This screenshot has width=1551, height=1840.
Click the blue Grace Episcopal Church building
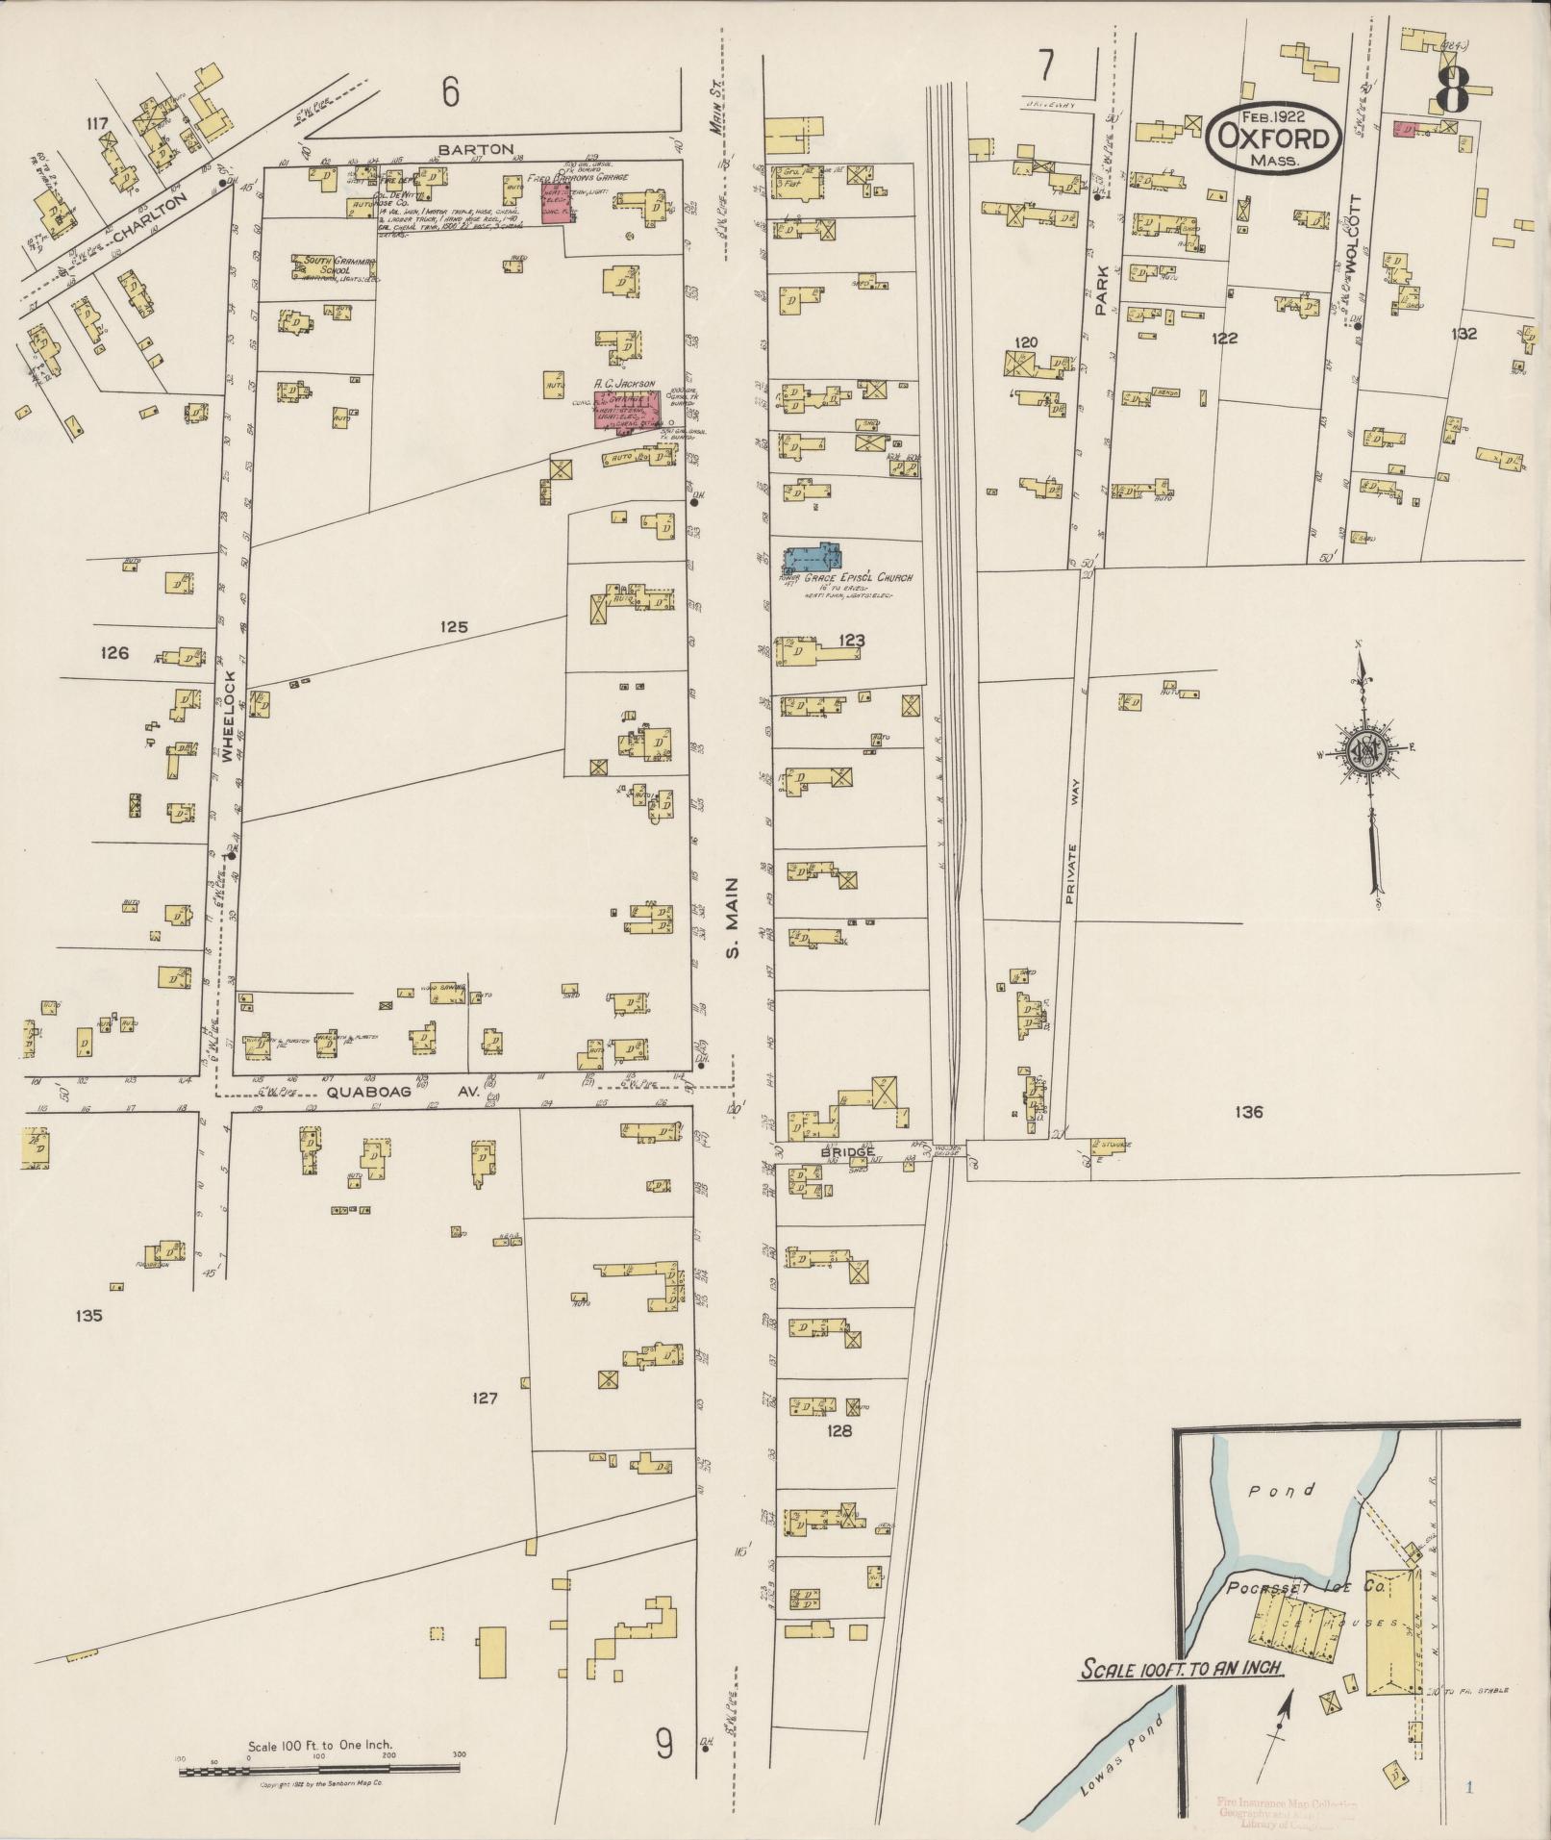coord(813,557)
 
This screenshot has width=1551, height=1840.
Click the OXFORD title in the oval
coord(1273,139)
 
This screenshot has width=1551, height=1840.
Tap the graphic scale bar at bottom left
coord(322,1769)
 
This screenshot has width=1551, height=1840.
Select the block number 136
coord(1249,1112)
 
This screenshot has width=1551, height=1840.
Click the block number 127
coord(485,1398)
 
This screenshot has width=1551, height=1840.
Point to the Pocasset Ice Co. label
coord(1305,1588)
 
